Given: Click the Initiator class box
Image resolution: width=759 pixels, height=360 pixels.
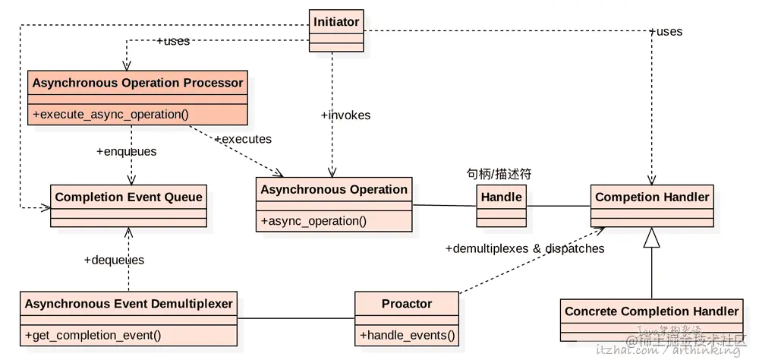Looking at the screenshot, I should tap(336, 30).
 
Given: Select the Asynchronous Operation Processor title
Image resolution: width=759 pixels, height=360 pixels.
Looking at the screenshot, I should tap(137, 83).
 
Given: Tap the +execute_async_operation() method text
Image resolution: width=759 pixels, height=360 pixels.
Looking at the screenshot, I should tap(110, 115).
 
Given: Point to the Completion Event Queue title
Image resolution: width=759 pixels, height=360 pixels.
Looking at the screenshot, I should tap(129, 197).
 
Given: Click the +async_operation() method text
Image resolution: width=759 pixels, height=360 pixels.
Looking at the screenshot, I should tap(313, 221).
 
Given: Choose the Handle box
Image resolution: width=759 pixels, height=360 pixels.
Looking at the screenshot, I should tap(502, 205).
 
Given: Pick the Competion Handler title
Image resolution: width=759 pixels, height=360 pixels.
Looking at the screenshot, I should tap(652, 197).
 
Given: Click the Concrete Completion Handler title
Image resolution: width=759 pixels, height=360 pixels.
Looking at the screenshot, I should tap(651, 311).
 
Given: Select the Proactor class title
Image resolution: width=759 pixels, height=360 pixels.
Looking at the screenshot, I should tap(407, 304).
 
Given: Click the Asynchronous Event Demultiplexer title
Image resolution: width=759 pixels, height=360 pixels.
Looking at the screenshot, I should tap(129, 304).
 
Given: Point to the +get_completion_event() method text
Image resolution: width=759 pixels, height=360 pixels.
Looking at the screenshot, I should tap(93, 335).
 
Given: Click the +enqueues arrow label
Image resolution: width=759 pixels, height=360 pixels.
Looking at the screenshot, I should tap(126, 151).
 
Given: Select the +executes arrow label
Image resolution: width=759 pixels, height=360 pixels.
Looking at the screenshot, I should tap(243, 139).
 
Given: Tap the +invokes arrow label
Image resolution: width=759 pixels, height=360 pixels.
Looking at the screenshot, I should tap(345, 115).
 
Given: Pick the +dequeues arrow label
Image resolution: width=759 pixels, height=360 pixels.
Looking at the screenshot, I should tap(114, 260).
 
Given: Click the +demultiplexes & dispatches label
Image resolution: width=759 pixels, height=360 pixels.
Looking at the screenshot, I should tap(524, 248).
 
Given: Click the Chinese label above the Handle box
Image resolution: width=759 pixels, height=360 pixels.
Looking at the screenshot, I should tap(499, 174).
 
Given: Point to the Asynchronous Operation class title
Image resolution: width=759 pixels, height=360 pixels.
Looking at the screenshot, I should tap(334, 189).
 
